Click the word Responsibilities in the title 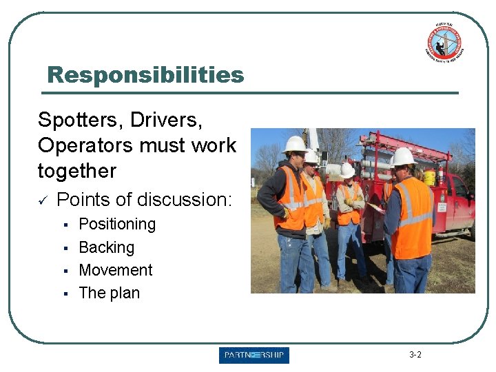145,74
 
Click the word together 77,170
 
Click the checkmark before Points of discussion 43,200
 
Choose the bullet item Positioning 117,224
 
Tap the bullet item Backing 107,247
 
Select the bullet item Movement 116,269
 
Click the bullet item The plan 110,293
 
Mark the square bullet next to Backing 63,248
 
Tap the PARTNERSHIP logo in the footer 254,355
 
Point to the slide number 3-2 415,355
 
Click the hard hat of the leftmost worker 294,144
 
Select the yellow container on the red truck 429,176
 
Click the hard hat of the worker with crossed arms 347,169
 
